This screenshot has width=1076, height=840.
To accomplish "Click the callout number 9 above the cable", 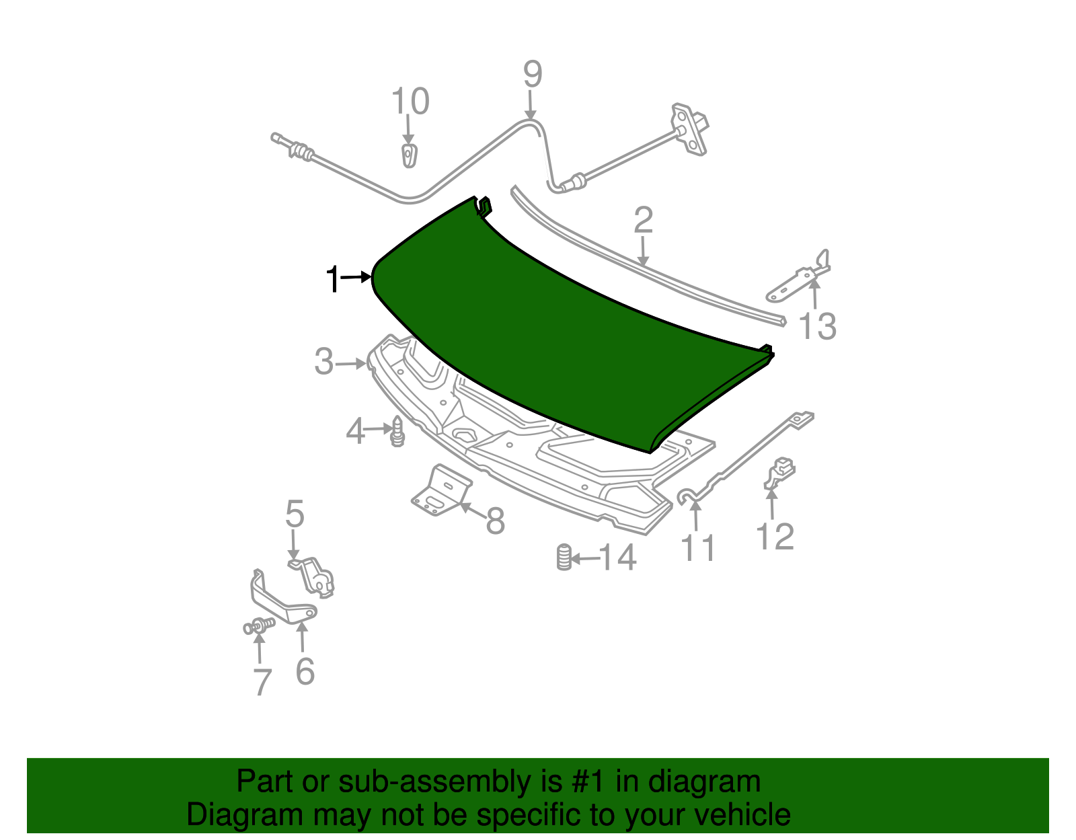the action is (x=533, y=74).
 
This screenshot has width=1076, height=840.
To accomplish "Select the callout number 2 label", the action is (x=643, y=221).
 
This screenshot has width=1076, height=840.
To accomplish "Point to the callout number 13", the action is (x=818, y=326).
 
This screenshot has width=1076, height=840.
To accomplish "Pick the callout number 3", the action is (x=324, y=362).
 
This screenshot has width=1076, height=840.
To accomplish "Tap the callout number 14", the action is (x=617, y=558).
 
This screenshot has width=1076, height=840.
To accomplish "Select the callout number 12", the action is (x=775, y=536).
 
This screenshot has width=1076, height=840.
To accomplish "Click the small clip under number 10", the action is (x=409, y=155).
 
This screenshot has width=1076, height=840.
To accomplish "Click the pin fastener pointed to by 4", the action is (x=397, y=432).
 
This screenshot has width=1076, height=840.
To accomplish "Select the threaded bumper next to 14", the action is (x=564, y=558).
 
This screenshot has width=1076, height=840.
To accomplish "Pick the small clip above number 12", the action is (x=779, y=473).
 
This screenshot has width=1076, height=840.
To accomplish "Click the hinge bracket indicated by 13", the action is (x=798, y=276).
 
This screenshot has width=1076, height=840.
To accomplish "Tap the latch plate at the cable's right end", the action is (x=690, y=129).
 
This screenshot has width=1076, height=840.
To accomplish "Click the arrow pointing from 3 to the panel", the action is (x=351, y=365).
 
